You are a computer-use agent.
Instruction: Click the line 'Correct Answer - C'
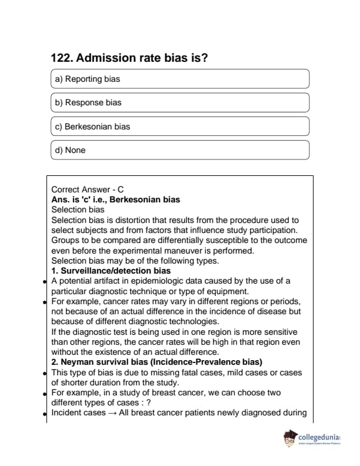pos(88,189)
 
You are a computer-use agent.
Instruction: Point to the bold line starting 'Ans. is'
pos(115,199)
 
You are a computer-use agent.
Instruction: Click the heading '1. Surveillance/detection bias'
pos(111,271)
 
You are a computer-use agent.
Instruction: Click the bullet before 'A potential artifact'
pos(46,281)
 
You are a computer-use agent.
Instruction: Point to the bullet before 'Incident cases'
pos(46,413)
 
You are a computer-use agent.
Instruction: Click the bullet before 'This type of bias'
pos(46,373)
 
